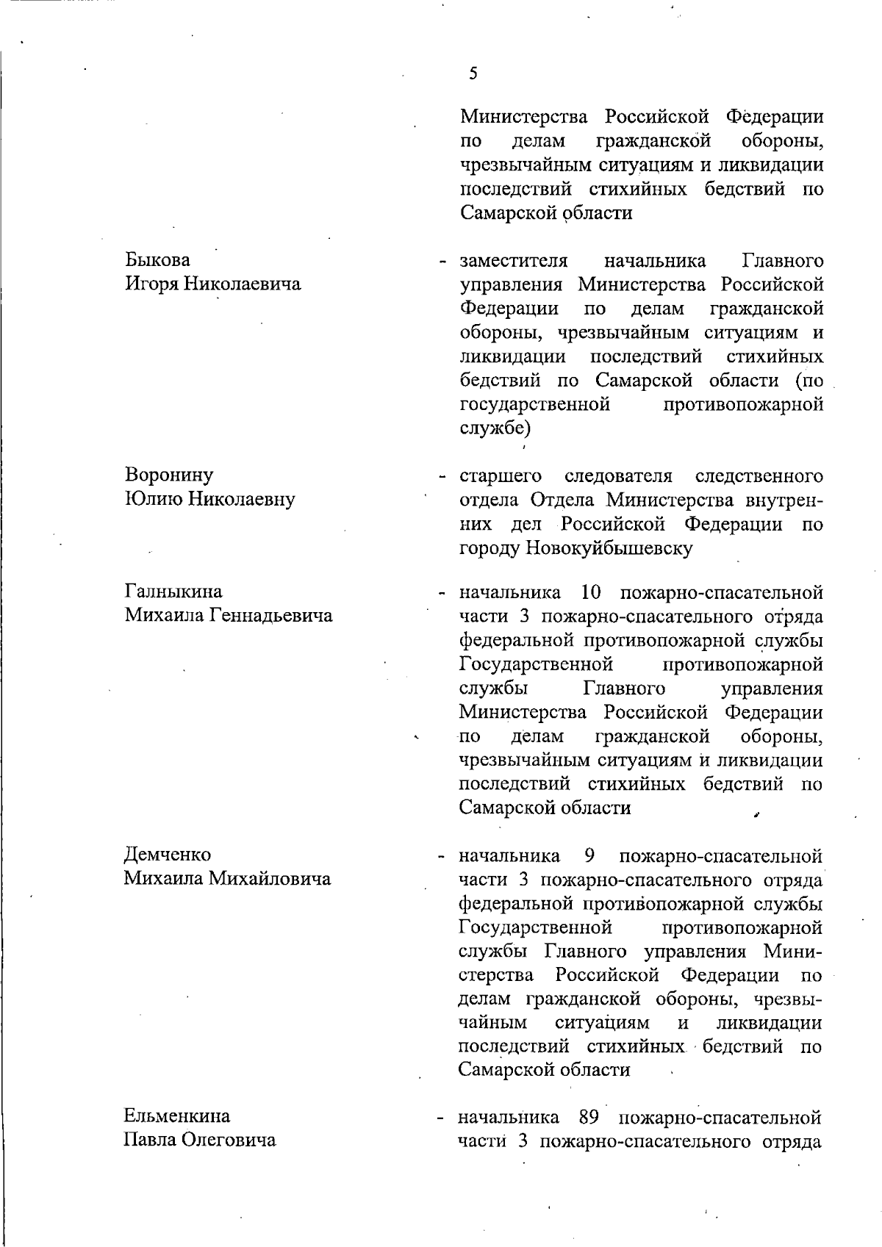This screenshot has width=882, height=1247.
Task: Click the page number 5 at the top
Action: coord(473,73)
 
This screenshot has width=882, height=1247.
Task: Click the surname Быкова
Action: coord(157,260)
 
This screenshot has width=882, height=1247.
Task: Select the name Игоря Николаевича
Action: coord(212,284)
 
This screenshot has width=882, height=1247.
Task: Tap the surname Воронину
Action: coord(169,475)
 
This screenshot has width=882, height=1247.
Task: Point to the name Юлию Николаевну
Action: coord(209,499)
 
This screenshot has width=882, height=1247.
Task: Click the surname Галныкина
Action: coord(173,592)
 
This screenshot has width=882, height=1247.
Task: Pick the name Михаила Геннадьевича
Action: coord(228,615)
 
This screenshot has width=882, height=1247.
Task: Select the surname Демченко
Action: coord(168,855)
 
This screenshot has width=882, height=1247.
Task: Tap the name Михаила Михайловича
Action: coord(227,878)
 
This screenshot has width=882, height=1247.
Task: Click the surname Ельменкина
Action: coord(176,1116)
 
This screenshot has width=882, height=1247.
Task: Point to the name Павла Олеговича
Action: coord(200,1140)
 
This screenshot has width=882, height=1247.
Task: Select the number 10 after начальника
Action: coord(591,592)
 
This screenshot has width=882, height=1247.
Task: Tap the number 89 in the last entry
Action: coord(589,1117)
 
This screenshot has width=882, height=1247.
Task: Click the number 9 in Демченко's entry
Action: coord(589,855)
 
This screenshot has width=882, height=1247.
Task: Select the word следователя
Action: coord(619,476)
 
